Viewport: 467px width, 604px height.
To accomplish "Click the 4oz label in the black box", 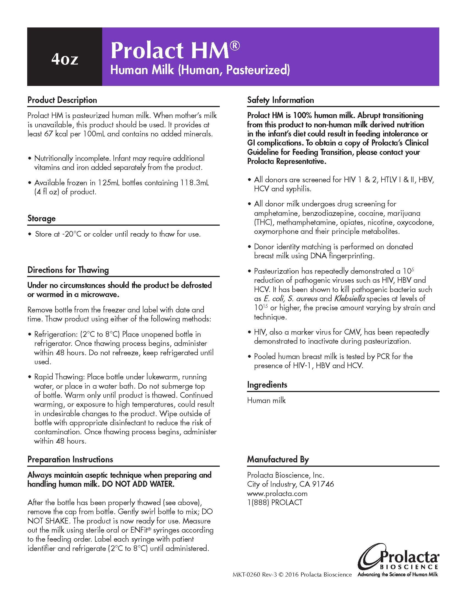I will click(65, 59).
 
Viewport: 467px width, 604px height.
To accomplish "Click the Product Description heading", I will click(62, 100).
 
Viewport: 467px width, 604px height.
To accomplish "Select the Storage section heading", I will click(41, 219).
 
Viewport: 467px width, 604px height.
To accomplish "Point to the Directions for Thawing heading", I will click(68, 270).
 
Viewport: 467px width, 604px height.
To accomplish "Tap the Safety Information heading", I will click(280, 100).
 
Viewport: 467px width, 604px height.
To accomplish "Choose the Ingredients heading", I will click(267, 385).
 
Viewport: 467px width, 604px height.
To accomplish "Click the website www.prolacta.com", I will click(277, 493).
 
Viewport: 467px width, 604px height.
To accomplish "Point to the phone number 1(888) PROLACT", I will click(275, 502).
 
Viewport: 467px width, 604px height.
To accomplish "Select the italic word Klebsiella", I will click(349, 299).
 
